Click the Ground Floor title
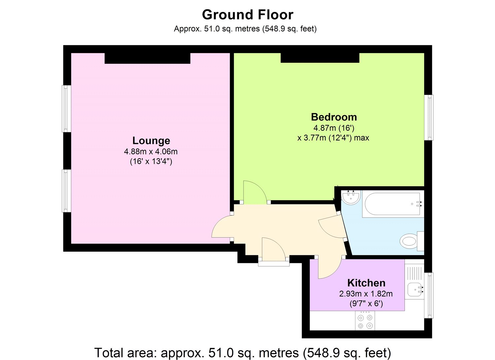coord(247,15)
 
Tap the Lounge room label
coord(151,141)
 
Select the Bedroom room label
coord(334,117)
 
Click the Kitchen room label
coord(366,283)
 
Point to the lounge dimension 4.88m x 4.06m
coord(151,152)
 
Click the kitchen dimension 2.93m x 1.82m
coord(366,294)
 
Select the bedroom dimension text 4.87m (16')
coord(334,128)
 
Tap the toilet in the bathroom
coord(412,241)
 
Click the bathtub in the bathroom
coord(393,204)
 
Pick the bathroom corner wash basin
coord(351,197)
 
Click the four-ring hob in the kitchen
coord(365,322)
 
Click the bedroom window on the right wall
coord(429,118)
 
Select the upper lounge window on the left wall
coord(66,109)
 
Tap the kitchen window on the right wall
coord(429,295)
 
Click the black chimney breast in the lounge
coord(148,58)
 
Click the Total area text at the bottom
coord(243,353)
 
